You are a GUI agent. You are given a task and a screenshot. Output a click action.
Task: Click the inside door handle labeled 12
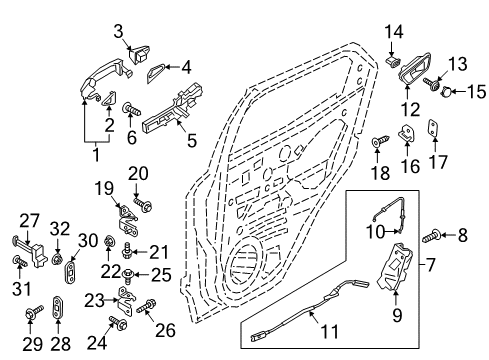pyautogui.click(x=413, y=72)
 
